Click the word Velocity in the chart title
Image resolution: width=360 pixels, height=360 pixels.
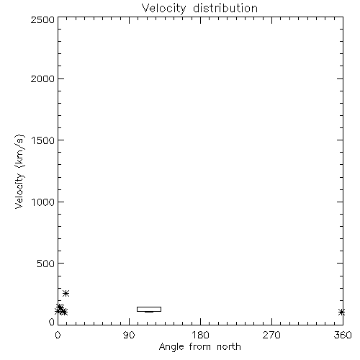163,9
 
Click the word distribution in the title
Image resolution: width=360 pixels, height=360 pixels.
225,8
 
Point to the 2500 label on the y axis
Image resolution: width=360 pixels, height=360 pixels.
42,19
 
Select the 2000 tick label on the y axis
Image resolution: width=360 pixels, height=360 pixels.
42,78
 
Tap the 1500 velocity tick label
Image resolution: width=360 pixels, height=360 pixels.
43,140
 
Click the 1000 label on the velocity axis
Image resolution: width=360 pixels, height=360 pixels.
43,202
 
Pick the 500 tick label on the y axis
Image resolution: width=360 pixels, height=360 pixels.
46,264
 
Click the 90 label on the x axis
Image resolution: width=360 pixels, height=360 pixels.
129,335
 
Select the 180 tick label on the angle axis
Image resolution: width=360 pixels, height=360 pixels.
200,335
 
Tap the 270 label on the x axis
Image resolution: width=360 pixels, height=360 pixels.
271,335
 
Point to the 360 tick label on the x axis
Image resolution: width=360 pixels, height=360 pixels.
343,335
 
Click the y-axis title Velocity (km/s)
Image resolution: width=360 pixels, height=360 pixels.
19,171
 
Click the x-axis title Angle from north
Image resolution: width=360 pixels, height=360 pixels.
200,347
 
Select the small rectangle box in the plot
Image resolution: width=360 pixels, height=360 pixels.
149,307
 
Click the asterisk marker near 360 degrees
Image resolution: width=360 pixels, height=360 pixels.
341,312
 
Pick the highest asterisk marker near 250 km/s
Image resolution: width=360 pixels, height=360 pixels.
66,293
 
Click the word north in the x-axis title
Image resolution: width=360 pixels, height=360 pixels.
229,347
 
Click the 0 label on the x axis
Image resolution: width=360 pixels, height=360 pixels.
58,335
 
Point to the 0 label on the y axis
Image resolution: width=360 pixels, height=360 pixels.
52,322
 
